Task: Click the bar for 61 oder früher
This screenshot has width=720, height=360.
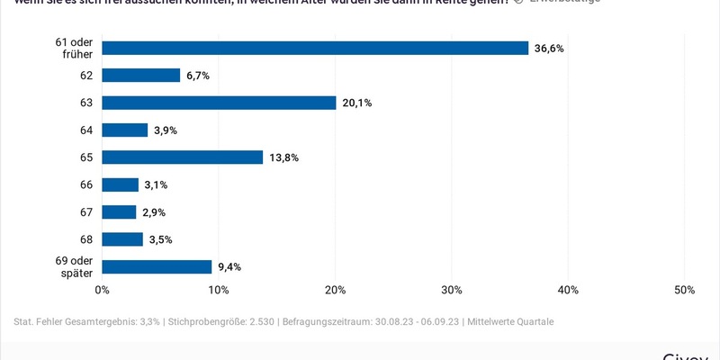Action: tap(315, 49)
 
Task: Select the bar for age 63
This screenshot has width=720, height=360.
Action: tap(219, 103)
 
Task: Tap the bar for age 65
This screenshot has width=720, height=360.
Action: tap(183, 157)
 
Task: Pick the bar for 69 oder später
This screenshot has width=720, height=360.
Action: tap(157, 266)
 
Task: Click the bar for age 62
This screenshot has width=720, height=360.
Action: tap(141, 76)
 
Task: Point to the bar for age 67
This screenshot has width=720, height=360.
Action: tap(119, 212)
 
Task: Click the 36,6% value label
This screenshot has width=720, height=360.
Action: tap(549, 49)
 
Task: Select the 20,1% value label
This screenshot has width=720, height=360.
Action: tap(356, 103)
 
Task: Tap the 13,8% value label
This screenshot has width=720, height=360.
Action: tap(283, 157)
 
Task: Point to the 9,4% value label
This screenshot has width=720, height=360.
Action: tap(229, 266)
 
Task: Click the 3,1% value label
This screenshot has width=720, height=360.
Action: tap(155, 184)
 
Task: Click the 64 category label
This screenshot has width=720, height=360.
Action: tap(86, 130)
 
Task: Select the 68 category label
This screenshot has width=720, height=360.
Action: tap(86, 239)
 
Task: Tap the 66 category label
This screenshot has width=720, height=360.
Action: tap(86, 184)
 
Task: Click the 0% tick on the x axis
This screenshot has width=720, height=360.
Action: tap(103, 290)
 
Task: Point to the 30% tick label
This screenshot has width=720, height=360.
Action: tap(452, 290)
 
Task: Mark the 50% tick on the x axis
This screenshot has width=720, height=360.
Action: tap(684, 290)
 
